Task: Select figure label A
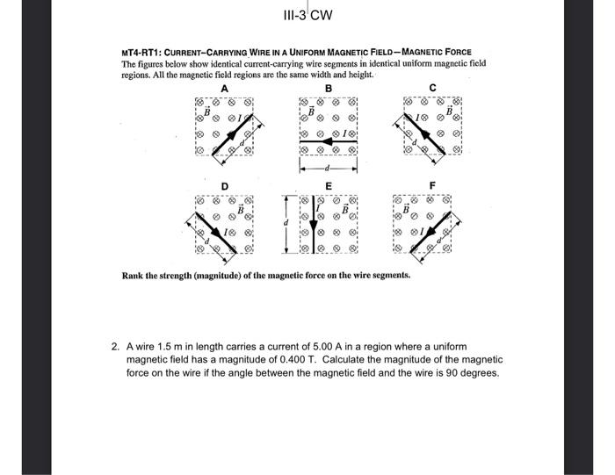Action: tap(224, 88)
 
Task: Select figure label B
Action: tap(329, 88)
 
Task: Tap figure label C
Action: tap(433, 88)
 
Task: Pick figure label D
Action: tap(225, 186)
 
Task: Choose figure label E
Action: tap(329, 186)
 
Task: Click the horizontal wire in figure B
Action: tap(329, 140)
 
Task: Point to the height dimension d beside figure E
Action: tap(285, 225)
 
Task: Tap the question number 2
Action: tap(115, 346)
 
